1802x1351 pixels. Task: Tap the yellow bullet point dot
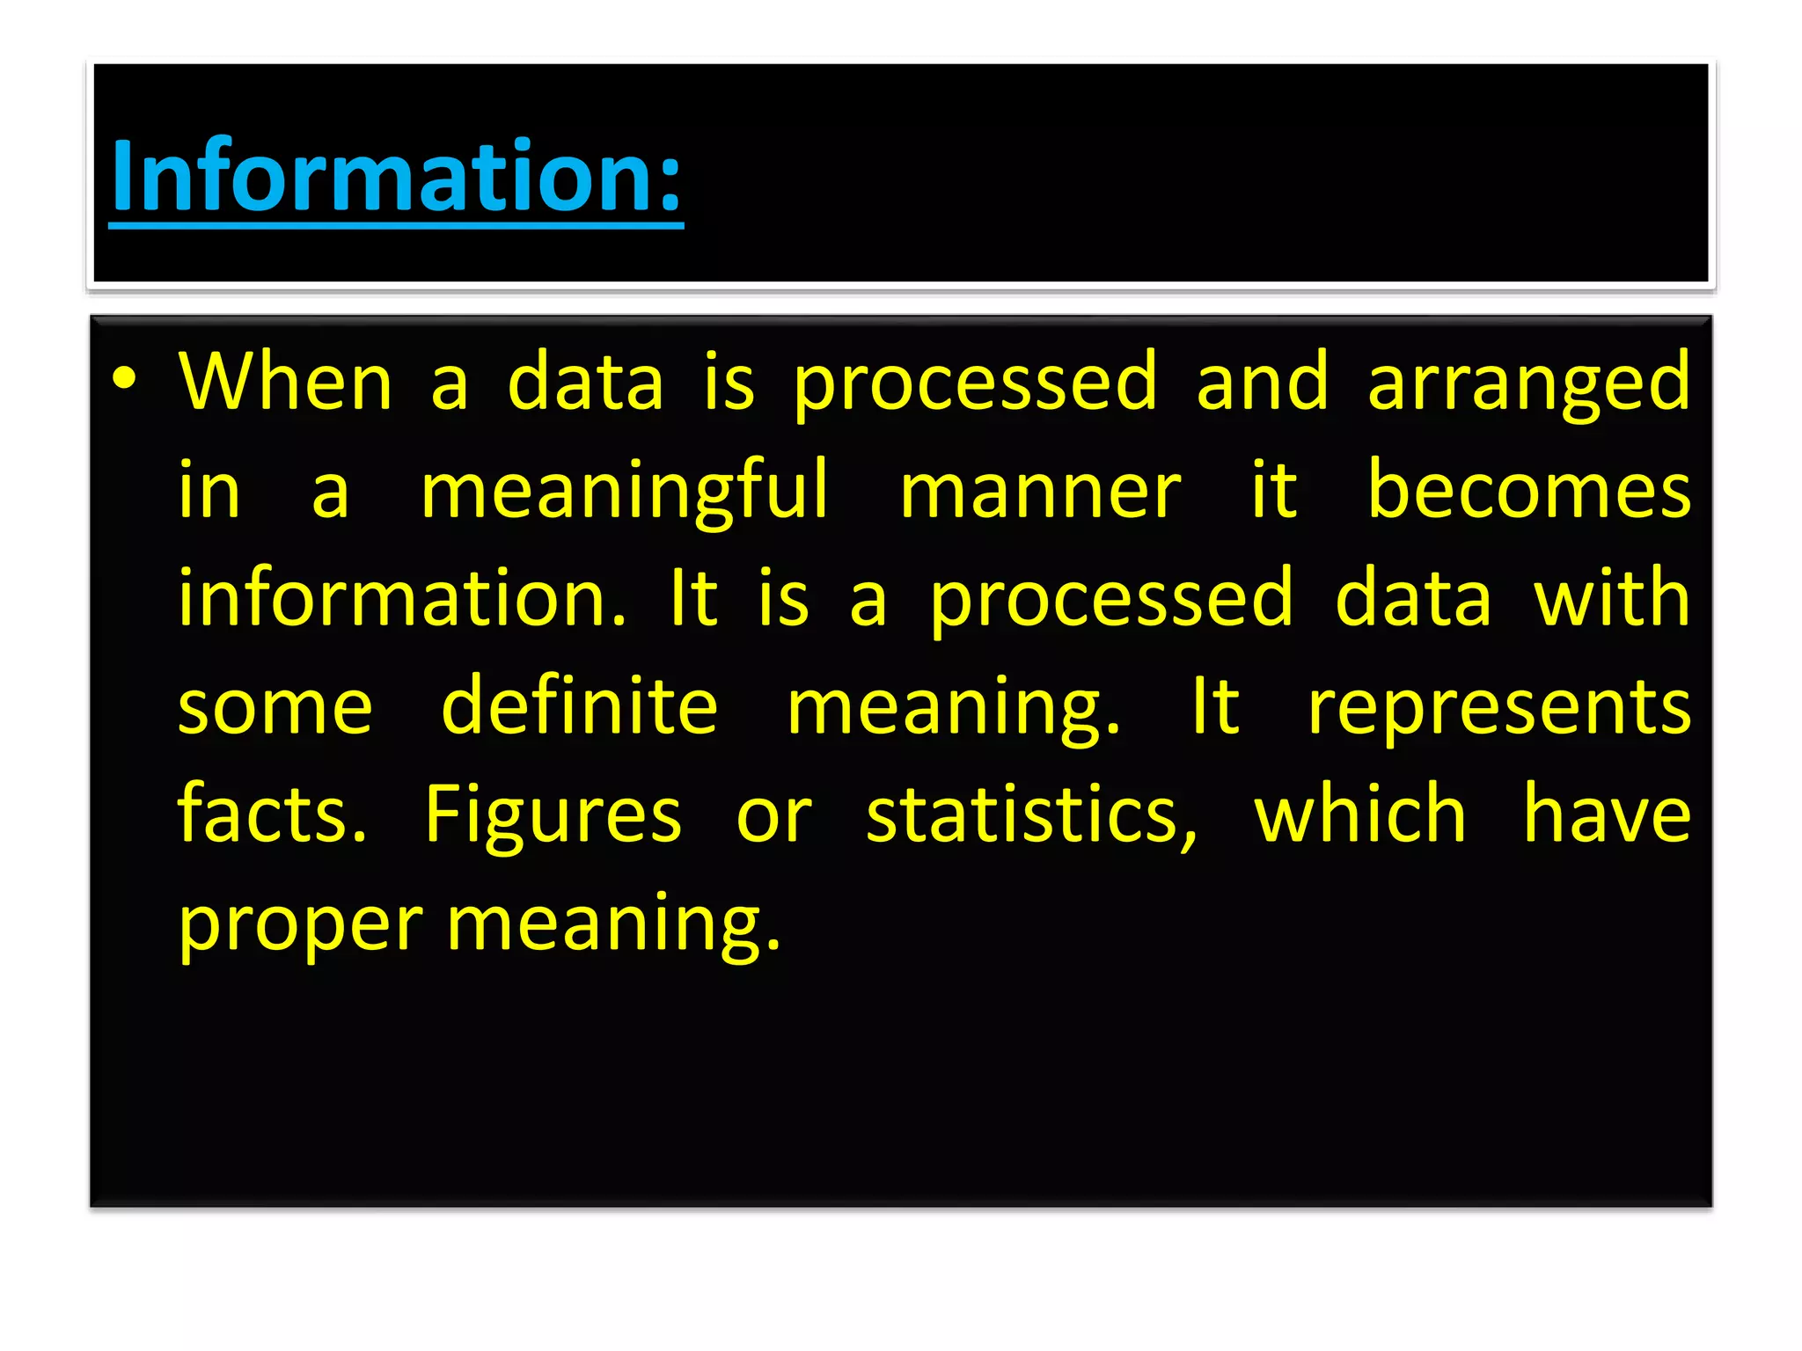click(x=125, y=378)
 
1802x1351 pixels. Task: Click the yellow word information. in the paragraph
click(x=402, y=598)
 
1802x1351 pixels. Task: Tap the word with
click(x=1611, y=598)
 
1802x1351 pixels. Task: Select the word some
click(x=275, y=709)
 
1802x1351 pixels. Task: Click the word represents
click(x=1498, y=709)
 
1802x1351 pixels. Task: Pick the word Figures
click(x=553, y=816)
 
